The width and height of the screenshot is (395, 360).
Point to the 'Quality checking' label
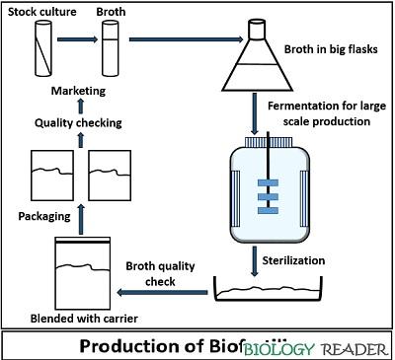tap(79, 123)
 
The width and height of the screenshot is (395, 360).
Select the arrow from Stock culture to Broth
tap(74, 40)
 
